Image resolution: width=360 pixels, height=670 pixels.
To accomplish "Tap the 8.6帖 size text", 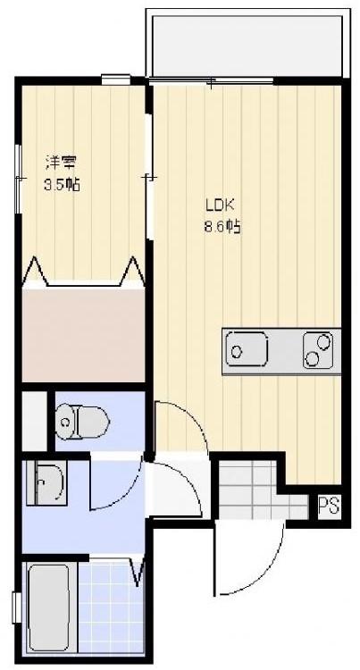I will click(222, 227).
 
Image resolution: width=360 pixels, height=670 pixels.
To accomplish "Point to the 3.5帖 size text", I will click(62, 185).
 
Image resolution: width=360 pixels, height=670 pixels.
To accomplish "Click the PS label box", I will click(328, 507).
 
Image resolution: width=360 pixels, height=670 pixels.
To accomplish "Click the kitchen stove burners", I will click(320, 350).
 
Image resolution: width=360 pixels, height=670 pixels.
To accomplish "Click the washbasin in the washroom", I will click(45, 485).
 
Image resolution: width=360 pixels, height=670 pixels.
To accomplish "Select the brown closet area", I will click(83, 335).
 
